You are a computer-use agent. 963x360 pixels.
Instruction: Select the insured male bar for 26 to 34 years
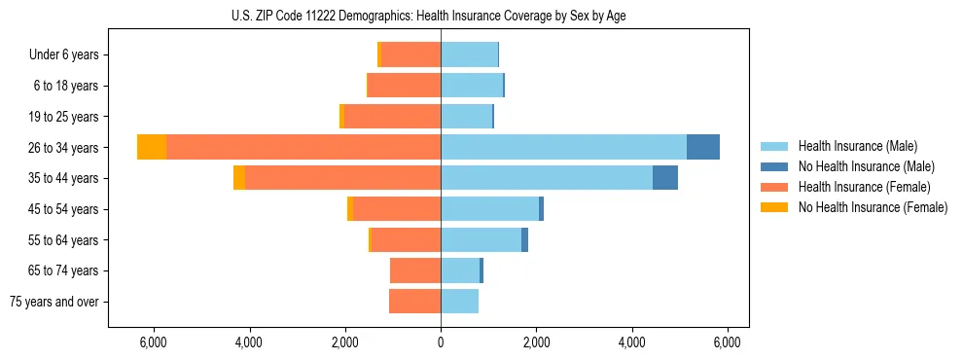pos(563,147)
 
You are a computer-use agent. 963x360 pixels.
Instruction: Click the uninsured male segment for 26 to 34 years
pos(703,147)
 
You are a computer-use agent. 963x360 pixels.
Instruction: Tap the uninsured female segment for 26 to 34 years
pos(152,147)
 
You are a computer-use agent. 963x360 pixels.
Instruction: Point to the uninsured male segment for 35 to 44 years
pos(665,178)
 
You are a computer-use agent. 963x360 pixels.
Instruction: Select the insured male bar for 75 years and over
pos(459,302)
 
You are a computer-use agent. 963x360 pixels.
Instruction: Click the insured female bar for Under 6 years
pos(410,54)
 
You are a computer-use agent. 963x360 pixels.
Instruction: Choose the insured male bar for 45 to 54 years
pos(489,209)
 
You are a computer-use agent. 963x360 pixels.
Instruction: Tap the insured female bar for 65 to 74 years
pos(415,270)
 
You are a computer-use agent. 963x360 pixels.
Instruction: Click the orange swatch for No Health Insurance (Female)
pos(774,207)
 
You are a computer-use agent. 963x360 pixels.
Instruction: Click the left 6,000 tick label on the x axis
pos(154,342)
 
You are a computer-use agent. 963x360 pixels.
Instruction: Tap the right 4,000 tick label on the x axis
pos(632,342)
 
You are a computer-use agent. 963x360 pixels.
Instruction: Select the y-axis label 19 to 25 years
pos(64,117)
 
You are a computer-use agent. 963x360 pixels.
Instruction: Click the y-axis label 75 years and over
pos(54,302)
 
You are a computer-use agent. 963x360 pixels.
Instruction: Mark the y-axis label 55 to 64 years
pos(64,240)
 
